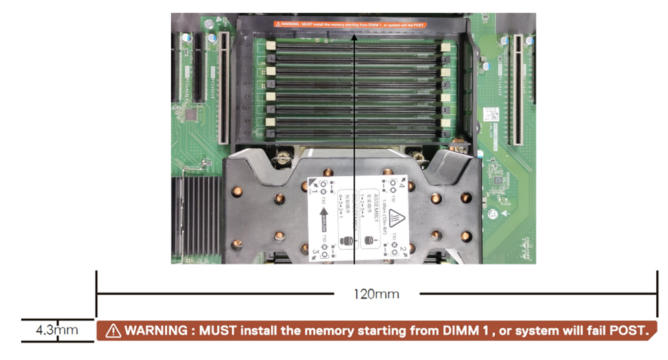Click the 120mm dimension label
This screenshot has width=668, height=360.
(376, 294)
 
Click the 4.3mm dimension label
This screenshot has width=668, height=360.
(56, 330)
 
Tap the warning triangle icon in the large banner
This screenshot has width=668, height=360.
(113, 331)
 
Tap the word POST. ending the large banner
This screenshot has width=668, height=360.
(629, 331)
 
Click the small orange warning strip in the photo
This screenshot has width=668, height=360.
(350, 25)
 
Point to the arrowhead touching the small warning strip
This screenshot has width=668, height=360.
(355, 36)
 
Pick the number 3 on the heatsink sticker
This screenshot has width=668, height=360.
(315, 250)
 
